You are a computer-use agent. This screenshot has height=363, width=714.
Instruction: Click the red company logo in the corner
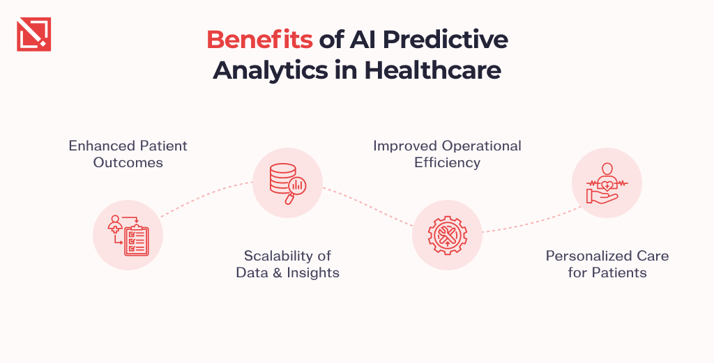33,34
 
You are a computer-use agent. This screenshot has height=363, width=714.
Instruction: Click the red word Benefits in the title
259,40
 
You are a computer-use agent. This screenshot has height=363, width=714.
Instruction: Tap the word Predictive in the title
445,40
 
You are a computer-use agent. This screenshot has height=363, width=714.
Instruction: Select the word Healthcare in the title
432,70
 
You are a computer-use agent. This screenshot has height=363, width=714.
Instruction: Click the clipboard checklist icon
128,235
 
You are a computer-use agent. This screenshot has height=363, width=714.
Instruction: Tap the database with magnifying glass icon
287,183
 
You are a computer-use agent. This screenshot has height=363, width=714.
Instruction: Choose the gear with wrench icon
447,235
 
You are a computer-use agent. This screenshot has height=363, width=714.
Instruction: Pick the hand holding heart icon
607,183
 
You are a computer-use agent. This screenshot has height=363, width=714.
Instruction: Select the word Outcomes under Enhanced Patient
128,162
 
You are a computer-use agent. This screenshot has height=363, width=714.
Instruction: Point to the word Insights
313,273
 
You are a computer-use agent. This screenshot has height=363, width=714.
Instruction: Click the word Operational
482,146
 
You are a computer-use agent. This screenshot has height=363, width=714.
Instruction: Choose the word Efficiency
447,163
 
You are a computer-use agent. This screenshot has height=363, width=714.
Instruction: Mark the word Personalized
584,256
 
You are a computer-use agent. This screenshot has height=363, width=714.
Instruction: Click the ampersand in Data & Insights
278,273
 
